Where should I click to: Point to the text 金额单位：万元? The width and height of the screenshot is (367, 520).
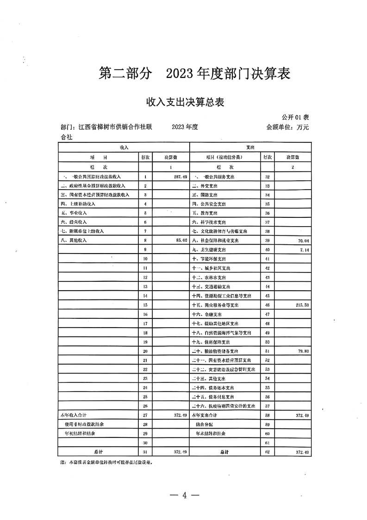pos(287,127)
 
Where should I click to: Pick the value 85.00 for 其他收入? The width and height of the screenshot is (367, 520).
pos(179,241)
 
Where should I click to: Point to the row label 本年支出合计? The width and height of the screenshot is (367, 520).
pos(205,415)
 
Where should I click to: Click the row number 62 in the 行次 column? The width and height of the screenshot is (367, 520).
pos(267,451)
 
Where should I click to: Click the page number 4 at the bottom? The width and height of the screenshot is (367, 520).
pos(184,495)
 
